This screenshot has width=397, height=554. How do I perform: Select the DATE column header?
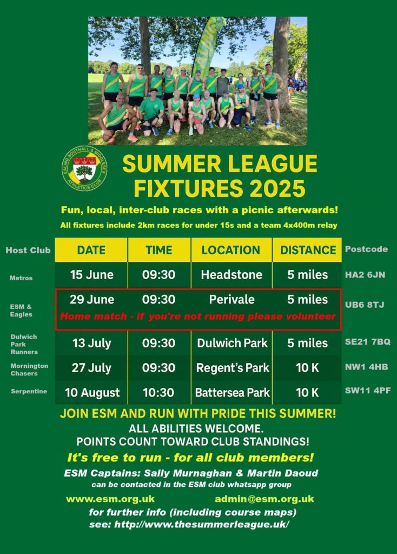pyautogui.click(x=91, y=250)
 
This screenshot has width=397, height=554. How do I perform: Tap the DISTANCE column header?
pyautogui.click(x=308, y=250)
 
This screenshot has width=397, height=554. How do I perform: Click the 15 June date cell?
pyautogui.click(x=91, y=274)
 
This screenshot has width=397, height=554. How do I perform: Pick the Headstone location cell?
pyautogui.click(x=231, y=274)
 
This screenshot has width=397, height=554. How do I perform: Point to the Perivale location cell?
pyautogui.click(x=231, y=299)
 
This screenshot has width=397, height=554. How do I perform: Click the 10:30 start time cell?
pyautogui.click(x=158, y=393)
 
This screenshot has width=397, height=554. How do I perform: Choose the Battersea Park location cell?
pyautogui.click(x=232, y=393)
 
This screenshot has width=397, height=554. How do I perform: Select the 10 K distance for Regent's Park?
pyautogui.click(x=307, y=368)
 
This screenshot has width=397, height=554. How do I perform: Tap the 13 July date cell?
pyautogui.click(x=91, y=343)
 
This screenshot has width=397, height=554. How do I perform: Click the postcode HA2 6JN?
pyautogui.click(x=365, y=275)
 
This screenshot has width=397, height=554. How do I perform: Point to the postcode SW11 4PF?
pyautogui.click(x=368, y=391)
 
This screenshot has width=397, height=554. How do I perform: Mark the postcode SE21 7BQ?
pyautogui.click(x=368, y=342)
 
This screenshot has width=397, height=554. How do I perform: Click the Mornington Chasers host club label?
pyautogui.click(x=29, y=370)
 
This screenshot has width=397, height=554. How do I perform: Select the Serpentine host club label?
pyautogui.click(x=29, y=391)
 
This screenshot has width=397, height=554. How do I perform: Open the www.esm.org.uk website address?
pyautogui.click(x=110, y=499)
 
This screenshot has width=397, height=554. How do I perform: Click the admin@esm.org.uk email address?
pyautogui.click(x=264, y=499)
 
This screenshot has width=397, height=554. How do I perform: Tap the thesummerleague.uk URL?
pyautogui.click(x=201, y=524)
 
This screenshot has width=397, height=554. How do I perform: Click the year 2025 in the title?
pyautogui.click(x=277, y=188)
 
